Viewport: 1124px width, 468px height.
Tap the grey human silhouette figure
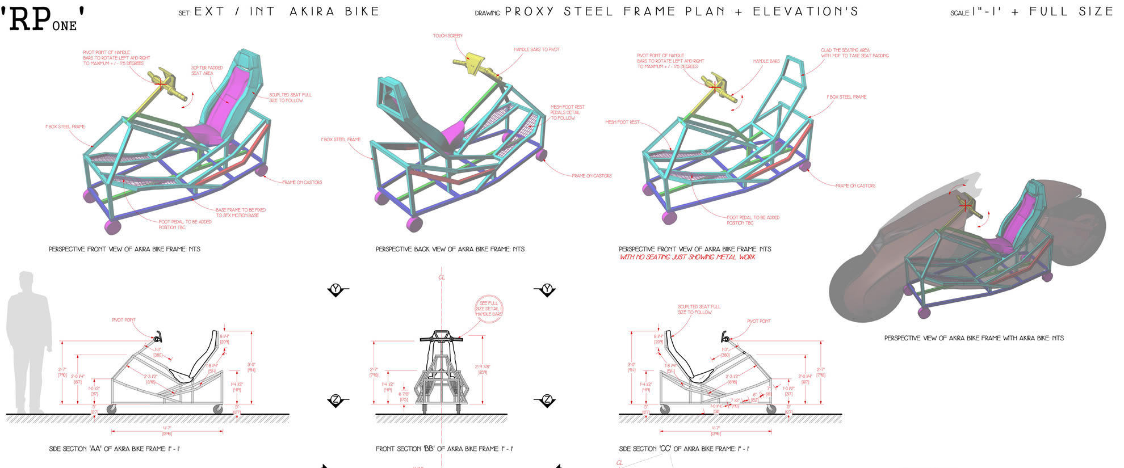point(27,340)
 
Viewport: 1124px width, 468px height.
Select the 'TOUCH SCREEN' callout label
point(447,36)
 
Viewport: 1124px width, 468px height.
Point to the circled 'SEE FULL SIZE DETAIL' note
point(489,309)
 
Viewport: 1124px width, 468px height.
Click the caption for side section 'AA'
point(114,449)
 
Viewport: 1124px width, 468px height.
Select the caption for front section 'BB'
point(444,449)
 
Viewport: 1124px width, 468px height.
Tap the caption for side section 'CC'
point(683,449)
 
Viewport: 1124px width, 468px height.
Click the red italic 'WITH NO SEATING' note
point(687,257)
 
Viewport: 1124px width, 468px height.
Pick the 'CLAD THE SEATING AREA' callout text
point(854,53)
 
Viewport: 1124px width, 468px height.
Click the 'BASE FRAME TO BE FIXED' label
point(240,212)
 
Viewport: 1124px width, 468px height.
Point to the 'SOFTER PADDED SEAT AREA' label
point(207,70)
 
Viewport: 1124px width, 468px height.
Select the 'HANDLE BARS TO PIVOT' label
point(536,49)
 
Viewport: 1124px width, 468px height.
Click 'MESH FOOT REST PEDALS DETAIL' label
point(567,112)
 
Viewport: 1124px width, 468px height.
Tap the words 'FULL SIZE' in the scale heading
point(1071,11)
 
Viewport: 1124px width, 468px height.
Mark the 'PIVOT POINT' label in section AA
point(124,320)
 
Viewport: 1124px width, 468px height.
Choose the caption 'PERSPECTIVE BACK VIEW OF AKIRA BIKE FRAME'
point(450,249)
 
